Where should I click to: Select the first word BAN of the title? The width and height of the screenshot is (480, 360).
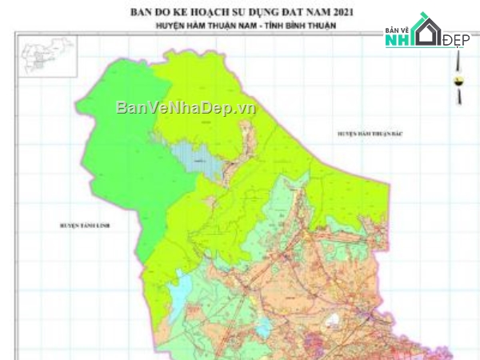pyautogui.click(x=142, y=12)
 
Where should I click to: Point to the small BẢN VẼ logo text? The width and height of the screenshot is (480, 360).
pyautogui.click(x=398, y=31)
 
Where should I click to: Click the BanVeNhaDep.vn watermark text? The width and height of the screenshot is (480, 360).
pyautogui.click(x=185, y=107)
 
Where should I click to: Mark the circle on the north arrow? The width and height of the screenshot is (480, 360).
pyautogui.click(x=459, y=80)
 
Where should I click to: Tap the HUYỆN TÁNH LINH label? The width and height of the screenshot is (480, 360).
pyautogui.click(x=84, y=226)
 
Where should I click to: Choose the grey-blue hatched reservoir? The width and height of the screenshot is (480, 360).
pyautogui.click(x=210, y=164)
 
